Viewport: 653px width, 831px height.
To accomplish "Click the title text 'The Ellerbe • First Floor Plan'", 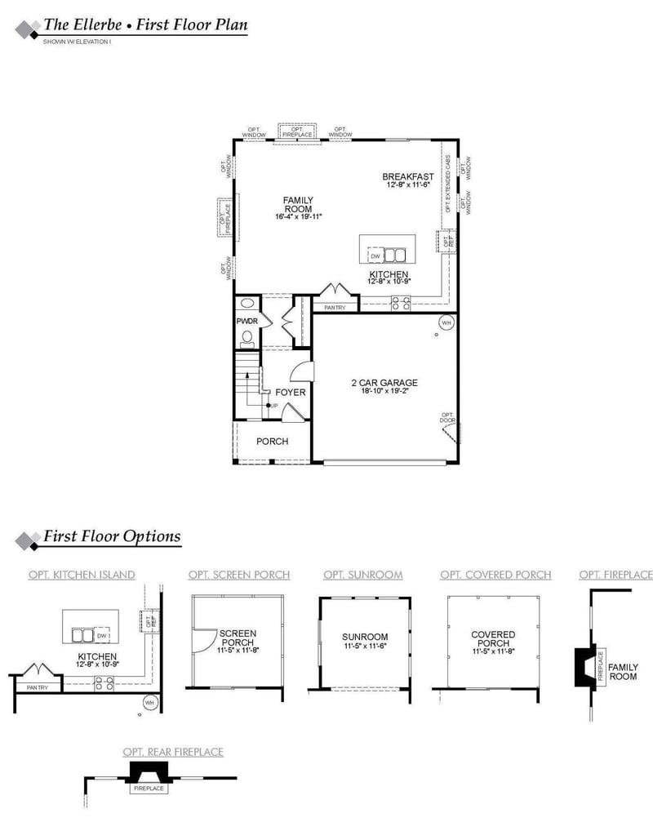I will (145, 24).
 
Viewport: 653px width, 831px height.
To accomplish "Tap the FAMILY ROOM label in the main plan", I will (298, 204).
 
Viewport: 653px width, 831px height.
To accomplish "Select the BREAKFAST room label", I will (408, 176).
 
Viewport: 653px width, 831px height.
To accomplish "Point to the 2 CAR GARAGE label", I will (384, 382).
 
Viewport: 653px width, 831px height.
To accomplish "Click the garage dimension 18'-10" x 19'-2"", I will (384, 391).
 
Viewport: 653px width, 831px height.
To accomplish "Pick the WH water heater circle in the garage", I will (446, 322).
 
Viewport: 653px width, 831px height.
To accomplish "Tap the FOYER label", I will (291, 393).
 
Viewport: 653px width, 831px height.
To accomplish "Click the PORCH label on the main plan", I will (272, 442).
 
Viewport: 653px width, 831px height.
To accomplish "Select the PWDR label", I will (247, 322).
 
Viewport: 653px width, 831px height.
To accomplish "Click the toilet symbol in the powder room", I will (247, 337).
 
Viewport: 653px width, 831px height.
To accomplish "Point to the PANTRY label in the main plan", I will (335, 308).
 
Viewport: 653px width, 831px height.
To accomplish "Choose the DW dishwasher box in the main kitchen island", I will (375, 256).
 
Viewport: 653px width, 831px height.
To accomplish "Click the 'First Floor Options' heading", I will (112, 537).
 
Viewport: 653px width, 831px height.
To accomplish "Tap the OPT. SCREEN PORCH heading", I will (238, 575).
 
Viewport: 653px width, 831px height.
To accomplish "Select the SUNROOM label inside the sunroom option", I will (365, 637).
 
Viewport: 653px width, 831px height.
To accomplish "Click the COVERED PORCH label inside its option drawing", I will (493, 639).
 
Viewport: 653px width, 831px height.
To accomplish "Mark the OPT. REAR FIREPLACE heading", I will (172, 752).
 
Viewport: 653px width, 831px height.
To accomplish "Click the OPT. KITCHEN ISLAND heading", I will (82, 575).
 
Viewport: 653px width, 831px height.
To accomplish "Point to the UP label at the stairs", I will (274, 406).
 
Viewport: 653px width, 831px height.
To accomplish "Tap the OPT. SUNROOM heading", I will (362, 575).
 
